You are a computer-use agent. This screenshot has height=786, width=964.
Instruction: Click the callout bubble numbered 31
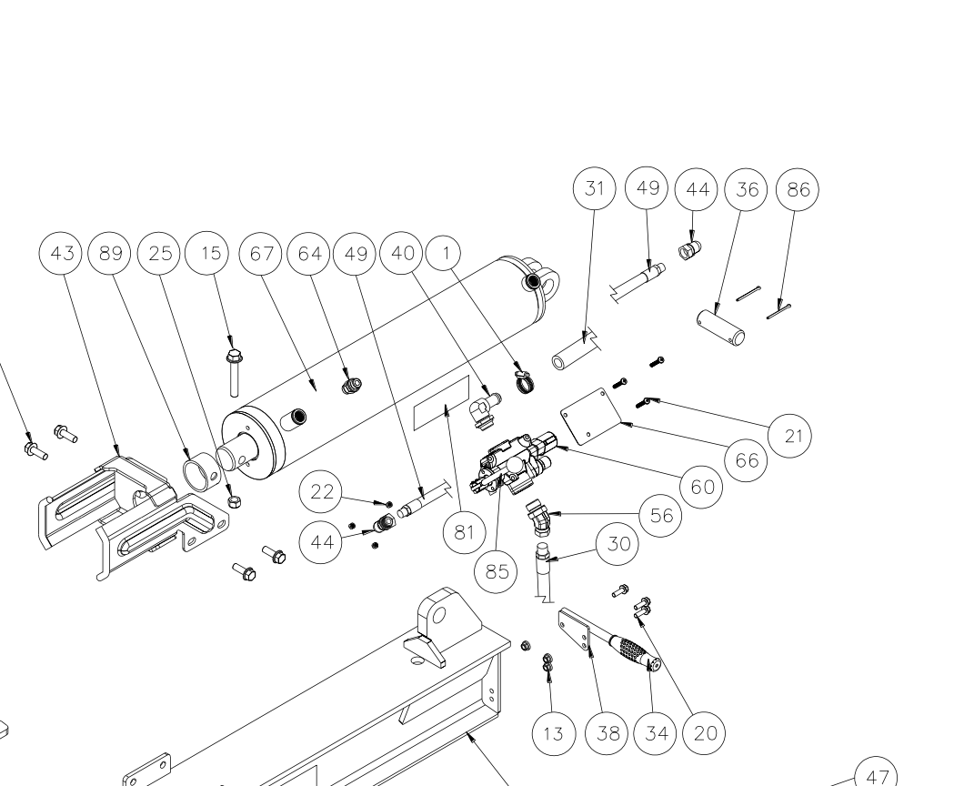click(596, 189)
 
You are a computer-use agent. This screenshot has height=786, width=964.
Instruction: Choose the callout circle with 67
click(260, 253)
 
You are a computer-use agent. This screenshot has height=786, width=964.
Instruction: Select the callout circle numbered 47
click(877, 776)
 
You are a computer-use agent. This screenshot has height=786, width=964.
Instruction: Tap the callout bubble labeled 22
click(322, 493)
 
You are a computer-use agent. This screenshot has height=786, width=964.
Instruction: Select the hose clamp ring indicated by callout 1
click(525, 380)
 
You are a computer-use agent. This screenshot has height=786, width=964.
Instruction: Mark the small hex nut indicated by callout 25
click(232, 500)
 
